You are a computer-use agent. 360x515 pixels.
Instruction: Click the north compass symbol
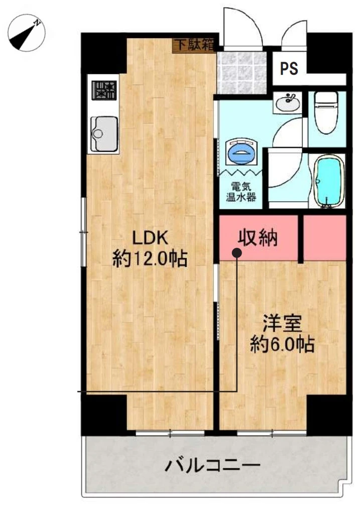click(26, 33)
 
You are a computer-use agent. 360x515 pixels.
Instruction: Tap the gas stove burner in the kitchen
click(104, 90)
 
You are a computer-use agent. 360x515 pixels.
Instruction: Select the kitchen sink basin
click(104, 134)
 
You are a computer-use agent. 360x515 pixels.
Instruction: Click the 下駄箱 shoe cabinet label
click(194, 45)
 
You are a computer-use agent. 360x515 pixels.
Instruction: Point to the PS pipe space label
click(289, 68)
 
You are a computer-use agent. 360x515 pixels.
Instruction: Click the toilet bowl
click(326, 112)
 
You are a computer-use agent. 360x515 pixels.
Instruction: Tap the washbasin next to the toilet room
click(288, 102)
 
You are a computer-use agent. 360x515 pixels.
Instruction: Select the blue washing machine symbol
click(242, 152)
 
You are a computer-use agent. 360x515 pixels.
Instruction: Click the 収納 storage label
click(258, 237)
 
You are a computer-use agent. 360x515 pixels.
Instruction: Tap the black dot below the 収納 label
click(237, 252)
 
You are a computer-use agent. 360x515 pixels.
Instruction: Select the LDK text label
click(150, 237)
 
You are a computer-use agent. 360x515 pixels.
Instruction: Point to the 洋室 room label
click(282, 324)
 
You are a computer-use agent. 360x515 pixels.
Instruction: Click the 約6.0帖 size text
click(283, 344)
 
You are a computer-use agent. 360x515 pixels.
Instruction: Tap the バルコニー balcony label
click(212, 465)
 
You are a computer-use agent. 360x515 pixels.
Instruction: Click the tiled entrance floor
click(242, 73)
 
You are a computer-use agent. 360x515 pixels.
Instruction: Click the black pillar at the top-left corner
click(103, 53)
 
